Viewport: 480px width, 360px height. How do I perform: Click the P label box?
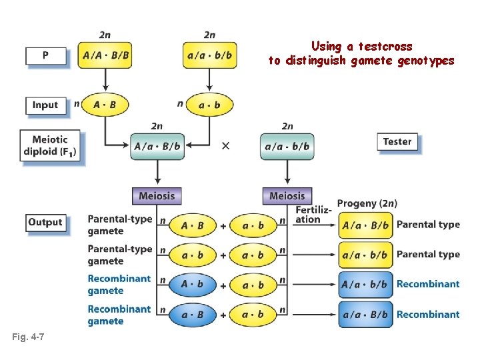pos(45,55)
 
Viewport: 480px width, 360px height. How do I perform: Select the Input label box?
pos(45,105)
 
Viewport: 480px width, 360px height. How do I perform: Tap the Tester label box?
pos(397,141)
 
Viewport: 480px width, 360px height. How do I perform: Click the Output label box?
pos(45,222)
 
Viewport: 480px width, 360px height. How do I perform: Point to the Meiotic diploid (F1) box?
pos(50,146)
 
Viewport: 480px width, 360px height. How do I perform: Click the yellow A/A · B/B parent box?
pos(105,55)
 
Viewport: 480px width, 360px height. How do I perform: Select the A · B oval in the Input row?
pos(105,105)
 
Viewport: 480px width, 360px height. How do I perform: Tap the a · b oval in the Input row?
pos(209,105)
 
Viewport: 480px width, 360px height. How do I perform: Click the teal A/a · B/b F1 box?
pos(157,146)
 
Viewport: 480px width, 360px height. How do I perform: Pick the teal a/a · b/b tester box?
pos(287,146)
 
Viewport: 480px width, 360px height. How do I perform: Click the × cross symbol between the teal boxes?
pos(225,146)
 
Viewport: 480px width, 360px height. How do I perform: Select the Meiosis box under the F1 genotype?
pos(157,196)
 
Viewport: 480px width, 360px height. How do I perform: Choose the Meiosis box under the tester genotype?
pos(287,196)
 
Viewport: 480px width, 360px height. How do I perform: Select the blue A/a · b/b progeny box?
pos(365,285)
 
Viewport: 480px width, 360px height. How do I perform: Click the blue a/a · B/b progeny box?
pos(365,314)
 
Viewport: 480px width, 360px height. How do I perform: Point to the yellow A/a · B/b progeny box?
pos(365,225)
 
